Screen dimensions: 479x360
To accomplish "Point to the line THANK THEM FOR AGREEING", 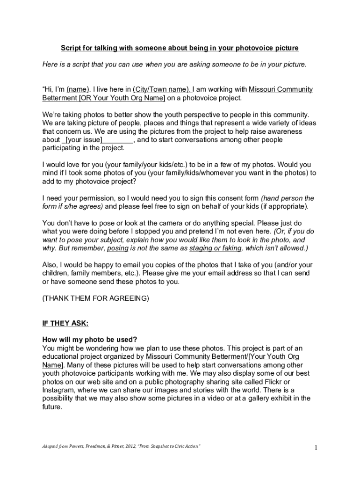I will coord(95,298).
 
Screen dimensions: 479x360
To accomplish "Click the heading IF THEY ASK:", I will coord(65,323).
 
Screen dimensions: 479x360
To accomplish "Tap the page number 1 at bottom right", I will coord(316,448).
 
